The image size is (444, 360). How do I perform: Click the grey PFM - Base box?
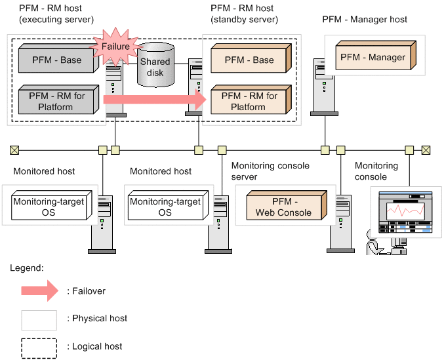[x=58, y=60]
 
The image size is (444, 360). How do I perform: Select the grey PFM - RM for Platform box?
[x=58, y=102]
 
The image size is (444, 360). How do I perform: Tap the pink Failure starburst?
[x=115, y=47]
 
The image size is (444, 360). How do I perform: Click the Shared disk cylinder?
[x=155, y=65]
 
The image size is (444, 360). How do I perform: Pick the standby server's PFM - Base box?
[x=249, y=60]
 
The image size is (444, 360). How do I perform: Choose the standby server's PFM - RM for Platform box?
[x=249, y=102]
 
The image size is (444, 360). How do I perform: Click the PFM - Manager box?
[x=373, y=57]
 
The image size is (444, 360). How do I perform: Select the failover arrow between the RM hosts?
[x=157, y=100]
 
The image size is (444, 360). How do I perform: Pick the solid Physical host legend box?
[x=39, y=319]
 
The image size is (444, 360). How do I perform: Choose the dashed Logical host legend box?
[x=39, y=347]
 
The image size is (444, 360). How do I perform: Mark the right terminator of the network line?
[x=426, y=150]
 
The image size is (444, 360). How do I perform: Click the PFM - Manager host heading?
[x=365, y=19]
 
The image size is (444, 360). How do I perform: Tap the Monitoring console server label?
[x=270, y=171]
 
